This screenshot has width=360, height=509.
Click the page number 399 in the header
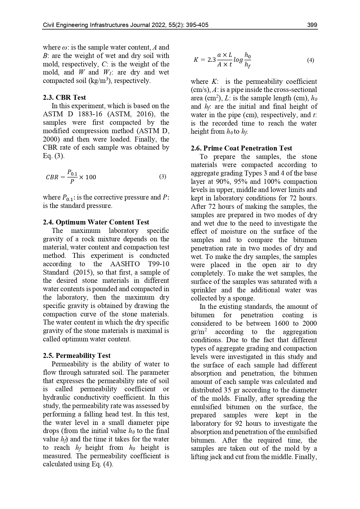(x=312, y=25)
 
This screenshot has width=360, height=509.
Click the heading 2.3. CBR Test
(x=64, y=97)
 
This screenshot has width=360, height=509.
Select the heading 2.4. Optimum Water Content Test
(x=96, y=222)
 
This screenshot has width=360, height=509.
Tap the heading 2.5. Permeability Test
(x=77, y=356)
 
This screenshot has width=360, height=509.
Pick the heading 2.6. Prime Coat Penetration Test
(x=241, y=148)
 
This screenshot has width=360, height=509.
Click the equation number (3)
(x=163, y=176)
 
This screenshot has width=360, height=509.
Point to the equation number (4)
(x=310, y=60)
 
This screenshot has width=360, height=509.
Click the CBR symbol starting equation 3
(x=52, y=177)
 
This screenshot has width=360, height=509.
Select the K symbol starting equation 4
(x=196, y=60)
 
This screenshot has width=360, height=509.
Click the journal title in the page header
(x=126, y=25)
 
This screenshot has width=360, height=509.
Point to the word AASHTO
(x=125, y=264)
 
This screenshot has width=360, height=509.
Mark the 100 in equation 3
(x=91, y=177)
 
